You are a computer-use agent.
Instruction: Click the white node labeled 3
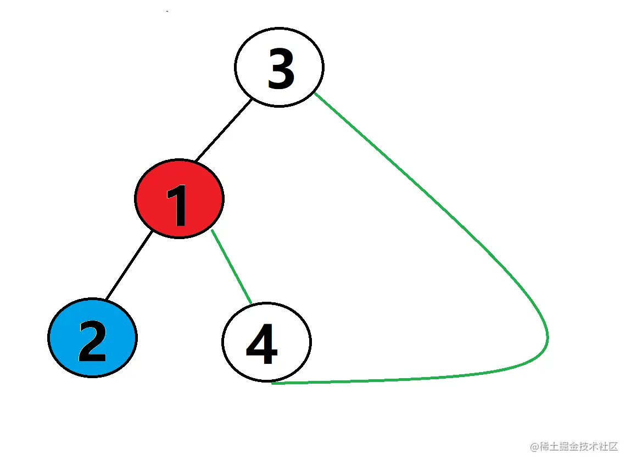(x=279, y=67)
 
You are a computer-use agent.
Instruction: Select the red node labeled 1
(x=179, y=198)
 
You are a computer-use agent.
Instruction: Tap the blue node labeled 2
(x=92, y=337)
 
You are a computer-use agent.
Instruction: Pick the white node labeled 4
(x=266, y=341)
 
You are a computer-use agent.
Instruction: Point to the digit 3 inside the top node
(x=281, y=68)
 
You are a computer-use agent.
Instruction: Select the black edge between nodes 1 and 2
(x=129, y=265)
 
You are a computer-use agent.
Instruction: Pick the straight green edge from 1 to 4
(x=231, y=266)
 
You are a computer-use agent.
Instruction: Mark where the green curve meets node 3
(x=315, y=93)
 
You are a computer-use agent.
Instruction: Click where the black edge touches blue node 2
(x=106, y=300)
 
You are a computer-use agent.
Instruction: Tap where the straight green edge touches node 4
(x=251, y=303)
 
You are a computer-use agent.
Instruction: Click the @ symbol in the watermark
(x=534, y=446)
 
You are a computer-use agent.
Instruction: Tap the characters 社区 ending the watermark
(x=608, y=446)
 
